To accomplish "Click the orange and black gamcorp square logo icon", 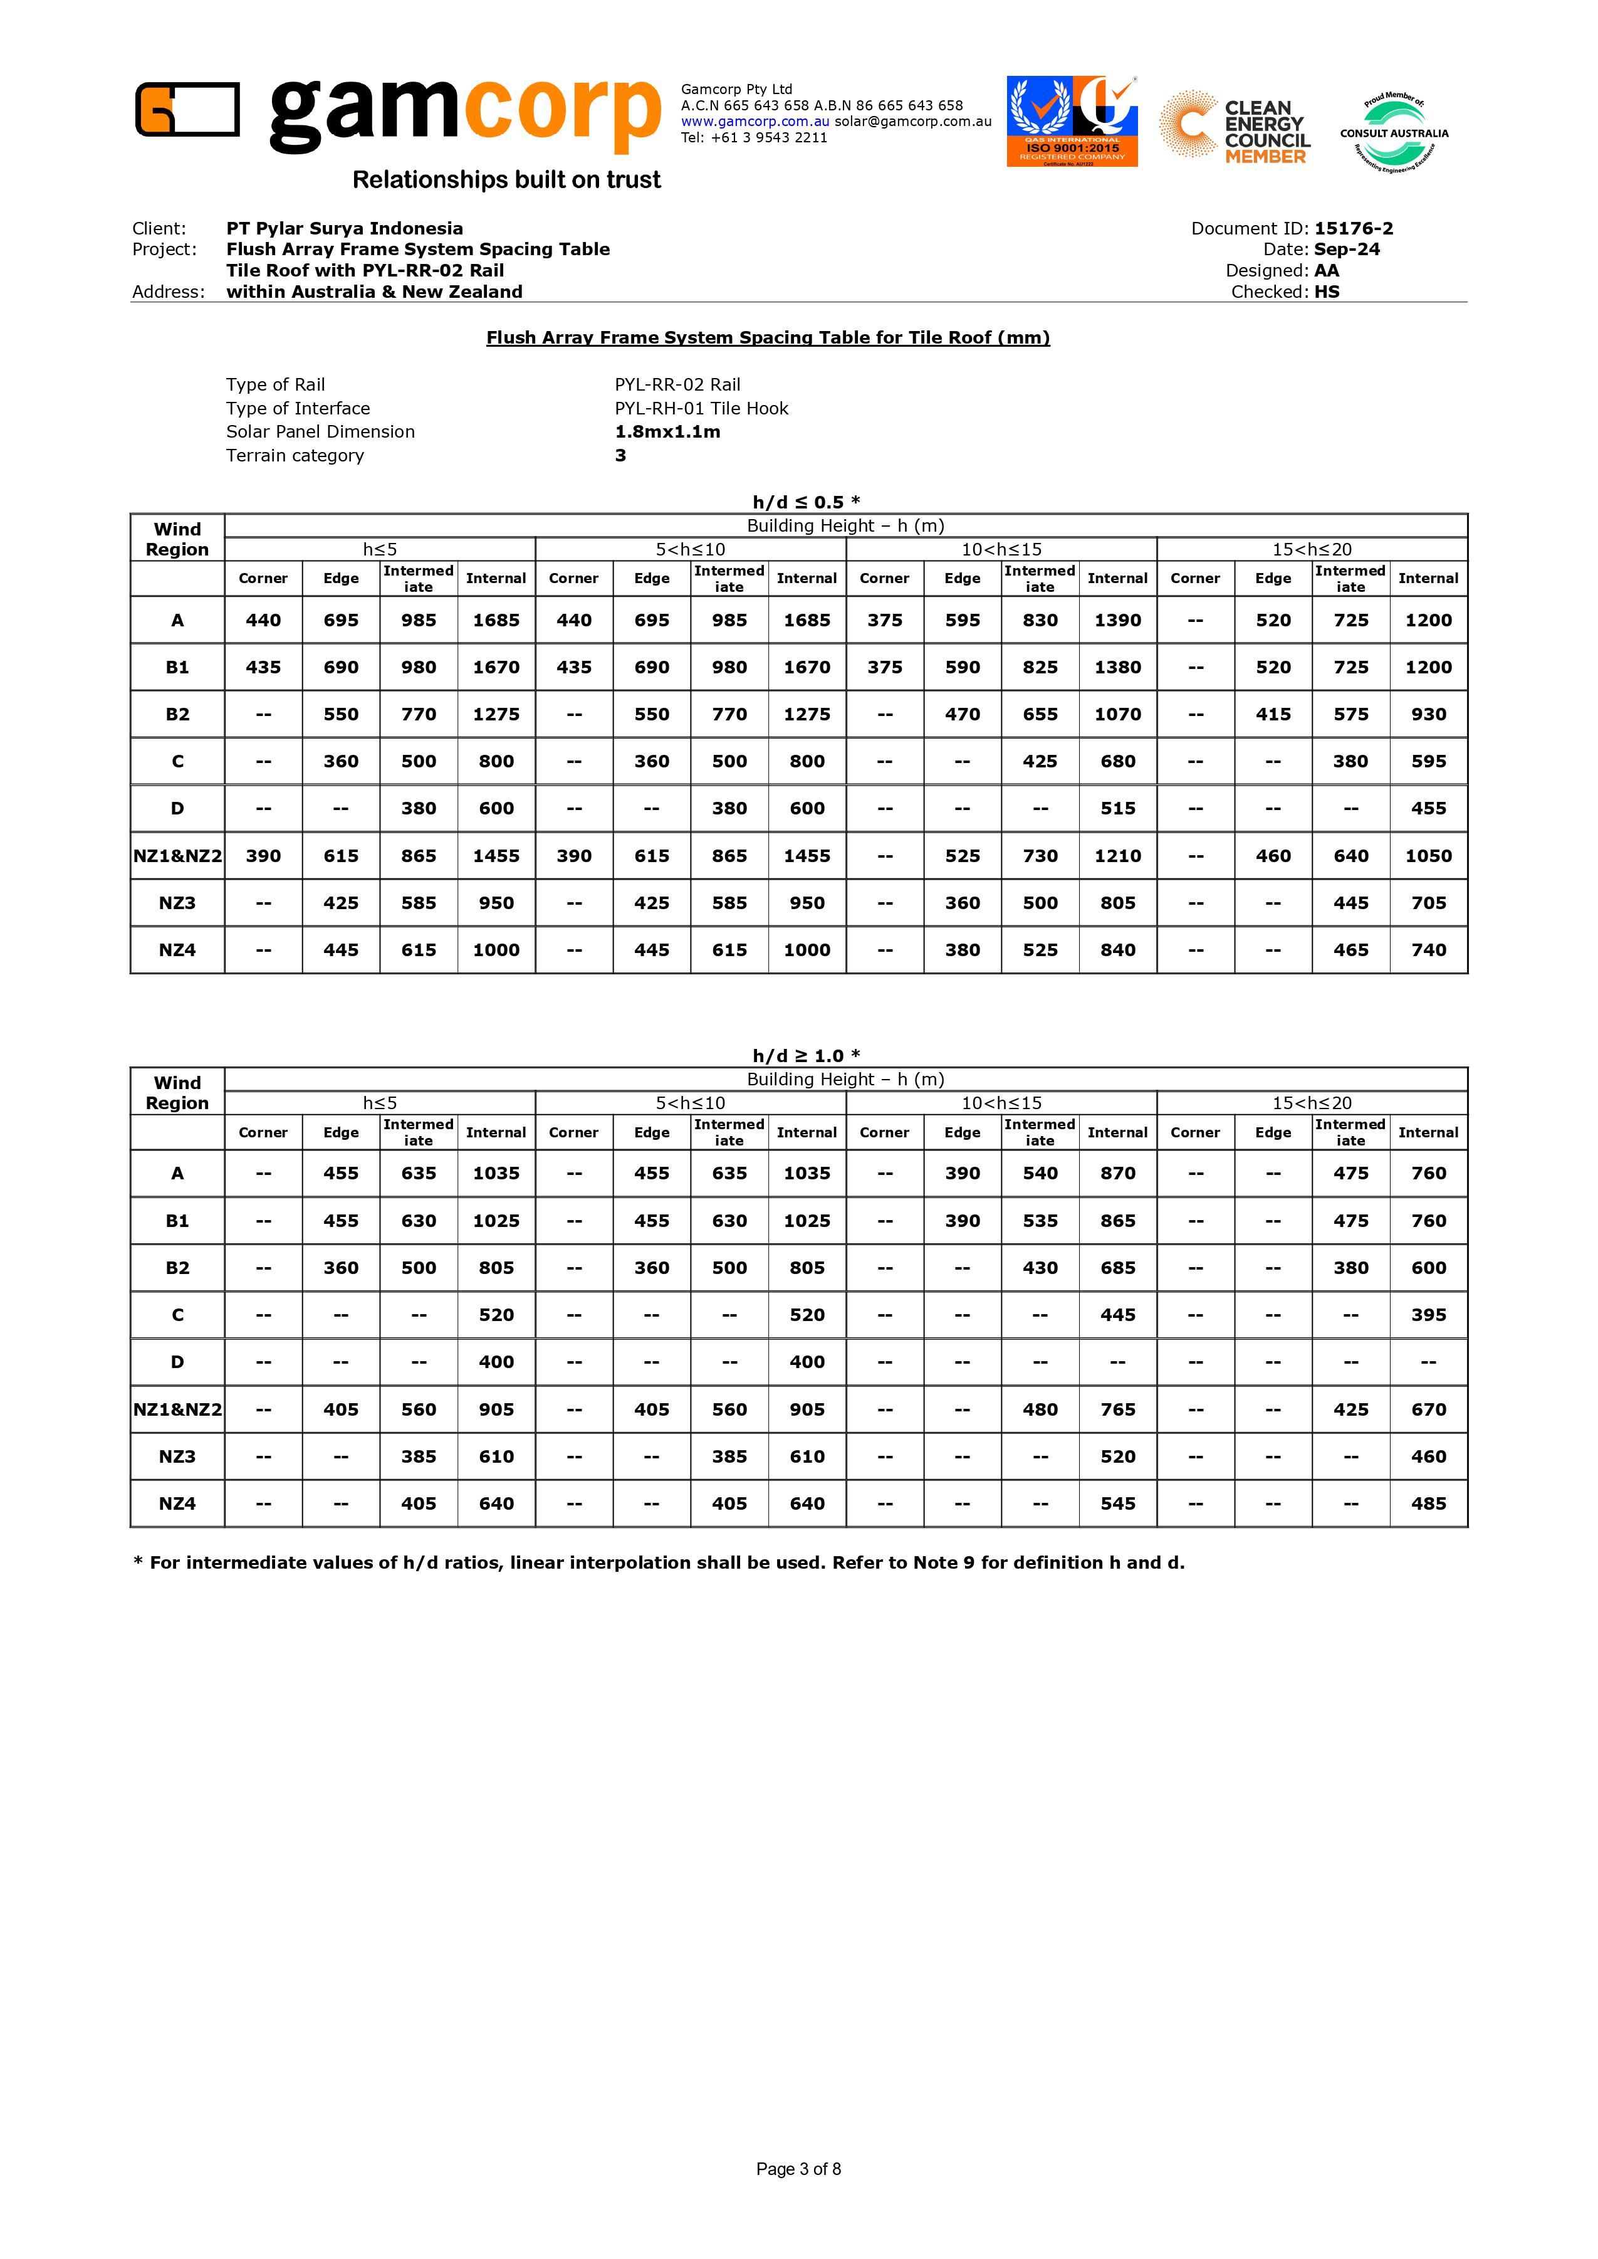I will pos(187,108).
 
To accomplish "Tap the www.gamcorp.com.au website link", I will pos(755,121).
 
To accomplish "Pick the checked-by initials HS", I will pos(1327,292).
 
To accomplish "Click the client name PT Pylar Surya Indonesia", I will pos(345,228).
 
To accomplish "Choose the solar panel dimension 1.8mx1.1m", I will pos(667,431).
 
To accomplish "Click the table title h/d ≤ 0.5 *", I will pos(806,502).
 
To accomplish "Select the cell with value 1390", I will pos(1118,620).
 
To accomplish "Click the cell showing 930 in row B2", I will pos(1428,715).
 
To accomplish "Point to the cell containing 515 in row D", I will pos(1118,808).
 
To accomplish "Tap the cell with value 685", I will pos(1118,1268).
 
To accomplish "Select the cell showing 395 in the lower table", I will pos(1428,1315).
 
